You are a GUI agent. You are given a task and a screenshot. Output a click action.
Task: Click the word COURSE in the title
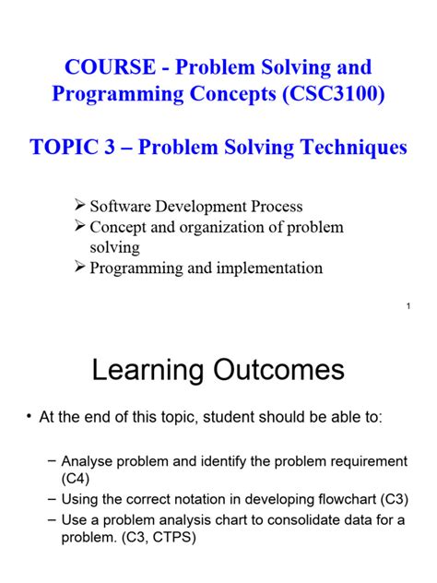pos(110,67)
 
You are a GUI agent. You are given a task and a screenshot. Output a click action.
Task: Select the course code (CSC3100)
pos(334,93)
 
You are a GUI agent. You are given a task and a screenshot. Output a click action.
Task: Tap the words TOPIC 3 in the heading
pos(72,147)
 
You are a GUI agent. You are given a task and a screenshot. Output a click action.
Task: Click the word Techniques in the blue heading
pos(354,148)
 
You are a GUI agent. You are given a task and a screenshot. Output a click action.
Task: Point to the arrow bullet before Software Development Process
pos(80,205)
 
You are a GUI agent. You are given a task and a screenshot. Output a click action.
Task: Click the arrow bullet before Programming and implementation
pos(80,267)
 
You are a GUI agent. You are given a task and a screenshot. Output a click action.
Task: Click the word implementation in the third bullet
pos(269,268)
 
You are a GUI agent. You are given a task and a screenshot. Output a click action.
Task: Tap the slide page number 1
pos(408,306)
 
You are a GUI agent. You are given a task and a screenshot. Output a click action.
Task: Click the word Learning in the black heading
pos(148,371)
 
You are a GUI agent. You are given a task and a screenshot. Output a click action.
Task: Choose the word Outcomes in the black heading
pos(278,370)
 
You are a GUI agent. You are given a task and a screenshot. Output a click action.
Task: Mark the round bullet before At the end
pos(29,417)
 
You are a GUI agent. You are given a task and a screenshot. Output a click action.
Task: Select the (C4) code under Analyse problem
pos(76,479)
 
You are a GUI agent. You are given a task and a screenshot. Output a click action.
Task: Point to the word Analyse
pos(87,461)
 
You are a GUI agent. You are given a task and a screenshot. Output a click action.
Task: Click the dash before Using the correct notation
pos(53,499)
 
